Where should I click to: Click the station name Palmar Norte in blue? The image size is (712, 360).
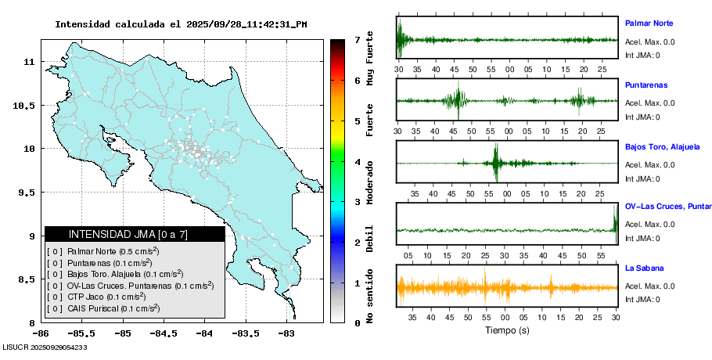point(649,23)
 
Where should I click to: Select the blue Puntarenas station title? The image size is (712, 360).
point(646,85)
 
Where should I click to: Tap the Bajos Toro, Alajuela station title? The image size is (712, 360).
point(662,146)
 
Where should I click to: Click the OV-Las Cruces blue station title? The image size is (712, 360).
point(667,207)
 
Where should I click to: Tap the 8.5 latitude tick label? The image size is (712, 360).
point(28,279)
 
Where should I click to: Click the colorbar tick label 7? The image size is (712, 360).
point(357,39)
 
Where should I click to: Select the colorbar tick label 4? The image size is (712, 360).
point(357,162)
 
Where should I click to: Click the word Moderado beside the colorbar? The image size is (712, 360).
point(370,182)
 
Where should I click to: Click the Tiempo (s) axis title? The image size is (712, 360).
point(507,330)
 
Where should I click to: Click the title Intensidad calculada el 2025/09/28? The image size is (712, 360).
point(181,24)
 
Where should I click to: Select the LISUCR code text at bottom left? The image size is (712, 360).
point(45,347)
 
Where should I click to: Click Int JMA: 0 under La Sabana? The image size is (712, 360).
point(642,300)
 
